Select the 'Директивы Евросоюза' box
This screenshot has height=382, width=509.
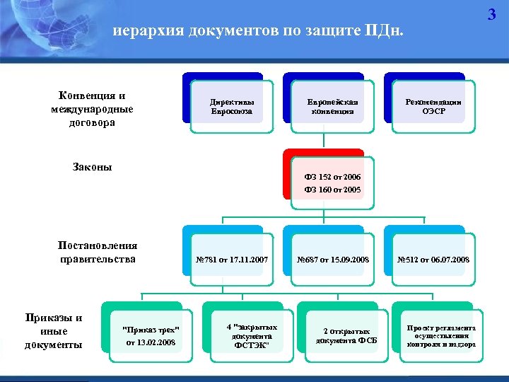coord(231,107)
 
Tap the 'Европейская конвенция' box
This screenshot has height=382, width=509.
coord(332,107)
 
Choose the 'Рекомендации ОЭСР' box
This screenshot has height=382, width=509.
coord(433,107)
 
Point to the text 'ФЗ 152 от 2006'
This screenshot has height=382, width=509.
coord(332,176)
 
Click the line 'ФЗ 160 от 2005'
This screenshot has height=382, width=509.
coord(332,190)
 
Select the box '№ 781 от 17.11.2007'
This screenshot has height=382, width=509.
coord(231,260)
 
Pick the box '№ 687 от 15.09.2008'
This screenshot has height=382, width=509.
coord(332,260)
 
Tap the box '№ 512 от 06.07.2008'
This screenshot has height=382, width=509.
coord(433,260)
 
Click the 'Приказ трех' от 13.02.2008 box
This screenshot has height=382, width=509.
coord(151,337)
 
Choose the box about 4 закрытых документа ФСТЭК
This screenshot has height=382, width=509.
coord(252,336)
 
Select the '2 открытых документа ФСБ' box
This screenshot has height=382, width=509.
coord(350,336)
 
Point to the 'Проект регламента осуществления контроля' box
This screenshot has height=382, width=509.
coord(441,336)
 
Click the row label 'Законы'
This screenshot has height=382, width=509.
coord(93,168)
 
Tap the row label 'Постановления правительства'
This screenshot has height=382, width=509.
coord(98,252)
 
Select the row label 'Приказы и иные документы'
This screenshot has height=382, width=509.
coord(54,331)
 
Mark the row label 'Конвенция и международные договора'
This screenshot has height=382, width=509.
coord(92,108)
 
